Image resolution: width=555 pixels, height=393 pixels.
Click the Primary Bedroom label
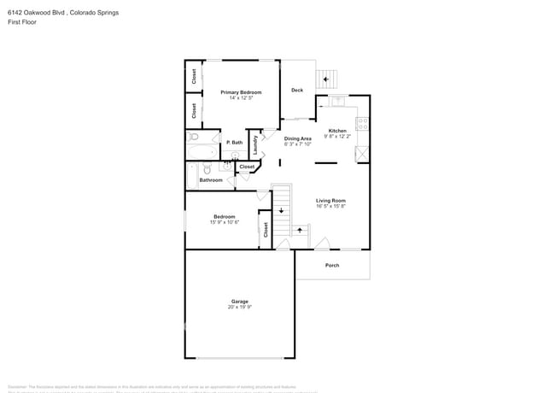tap(240, 92)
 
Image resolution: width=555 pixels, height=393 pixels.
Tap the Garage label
tap(239, 301)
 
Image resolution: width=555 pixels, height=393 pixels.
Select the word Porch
tap(332, 265)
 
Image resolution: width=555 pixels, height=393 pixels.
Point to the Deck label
tap(297, 90)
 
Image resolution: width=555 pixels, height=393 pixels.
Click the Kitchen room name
tap(337, 131)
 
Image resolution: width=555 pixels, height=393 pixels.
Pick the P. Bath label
tap(234, 143)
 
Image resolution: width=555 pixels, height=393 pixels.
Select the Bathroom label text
tap(211, 180)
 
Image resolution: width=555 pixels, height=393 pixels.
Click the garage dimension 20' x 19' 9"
tap(239, 307)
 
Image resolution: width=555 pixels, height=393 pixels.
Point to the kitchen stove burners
tap(362, 124)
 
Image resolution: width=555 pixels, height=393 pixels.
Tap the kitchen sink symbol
tap(337, 100)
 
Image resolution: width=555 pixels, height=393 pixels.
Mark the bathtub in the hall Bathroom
tap(192, 175)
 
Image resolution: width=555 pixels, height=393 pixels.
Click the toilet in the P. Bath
tap(194, 137)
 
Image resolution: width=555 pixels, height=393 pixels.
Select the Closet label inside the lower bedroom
tap(266, 229)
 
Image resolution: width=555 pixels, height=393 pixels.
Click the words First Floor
tap(20, 22)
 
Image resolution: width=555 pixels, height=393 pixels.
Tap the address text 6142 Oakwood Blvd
tap(36, 13)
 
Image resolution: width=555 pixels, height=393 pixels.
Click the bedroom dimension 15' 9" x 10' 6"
tap(225, 222)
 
